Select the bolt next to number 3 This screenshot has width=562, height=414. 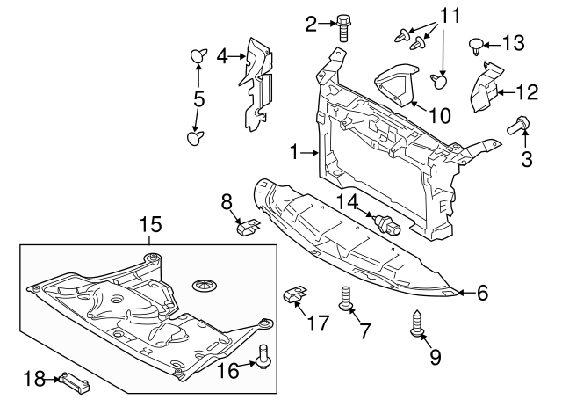click(518, 127)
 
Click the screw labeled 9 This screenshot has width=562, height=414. click(415, 327)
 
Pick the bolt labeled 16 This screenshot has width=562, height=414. click(263, 358)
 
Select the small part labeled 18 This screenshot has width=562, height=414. click(72, 381)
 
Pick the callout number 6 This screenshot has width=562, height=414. click(481, 294)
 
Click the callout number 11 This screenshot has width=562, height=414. click(450, 15)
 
